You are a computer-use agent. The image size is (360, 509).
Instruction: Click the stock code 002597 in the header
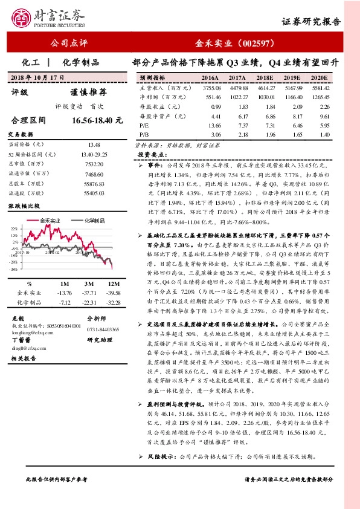259,44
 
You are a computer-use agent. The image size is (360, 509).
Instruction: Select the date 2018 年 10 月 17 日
38,78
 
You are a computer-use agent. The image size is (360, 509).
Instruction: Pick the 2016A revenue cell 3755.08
210,88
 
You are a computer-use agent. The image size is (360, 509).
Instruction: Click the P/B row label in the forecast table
144,134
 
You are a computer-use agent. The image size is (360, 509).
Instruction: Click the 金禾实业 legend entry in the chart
51,221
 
